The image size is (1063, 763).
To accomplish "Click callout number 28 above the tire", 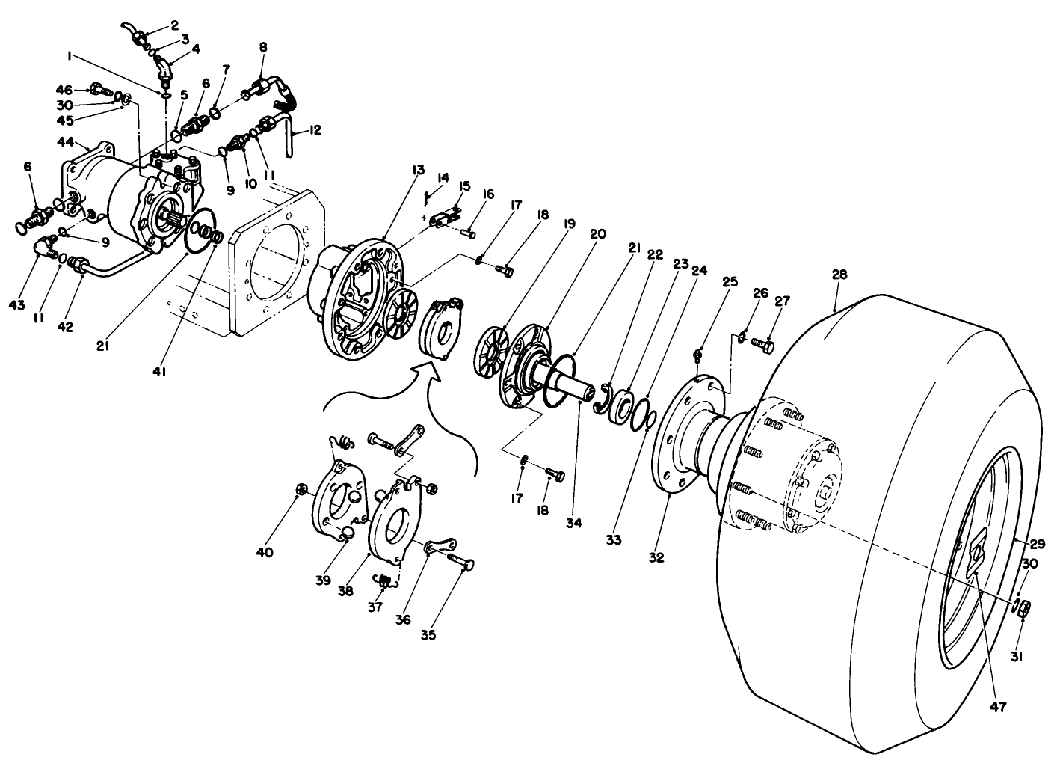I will click(839, 275).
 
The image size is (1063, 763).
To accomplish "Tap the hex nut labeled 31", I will click(1026, 608).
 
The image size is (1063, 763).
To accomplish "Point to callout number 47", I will click(999, 706).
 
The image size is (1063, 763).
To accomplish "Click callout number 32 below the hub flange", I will click(657, 557).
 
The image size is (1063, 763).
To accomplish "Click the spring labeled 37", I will click(383, 580).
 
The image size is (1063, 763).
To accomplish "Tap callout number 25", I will click(730, 282).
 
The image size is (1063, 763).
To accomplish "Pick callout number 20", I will click(597, 233).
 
